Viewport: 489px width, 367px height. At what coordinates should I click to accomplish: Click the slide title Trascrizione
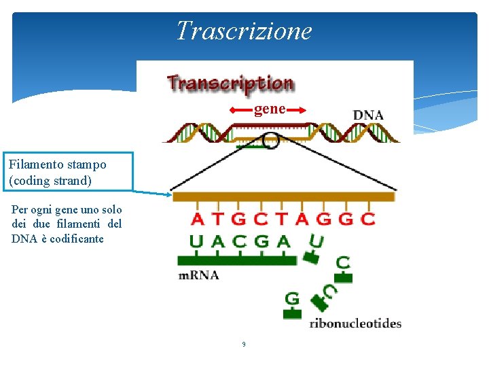(244, 31)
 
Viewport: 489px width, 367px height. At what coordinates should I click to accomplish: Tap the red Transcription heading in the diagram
(230, 84)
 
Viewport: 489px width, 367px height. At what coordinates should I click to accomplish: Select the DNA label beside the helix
(368, 115)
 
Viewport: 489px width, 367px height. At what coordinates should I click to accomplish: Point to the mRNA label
(198, 275)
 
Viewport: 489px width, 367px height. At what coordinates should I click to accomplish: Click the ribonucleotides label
(355, 324)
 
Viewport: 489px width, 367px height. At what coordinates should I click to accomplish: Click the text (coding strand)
(51, 181)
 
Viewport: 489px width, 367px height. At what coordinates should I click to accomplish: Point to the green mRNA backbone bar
(236, 260)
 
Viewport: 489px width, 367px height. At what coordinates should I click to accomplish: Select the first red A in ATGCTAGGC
(197, 219)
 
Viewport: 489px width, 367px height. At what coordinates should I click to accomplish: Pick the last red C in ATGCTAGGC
(367, 219)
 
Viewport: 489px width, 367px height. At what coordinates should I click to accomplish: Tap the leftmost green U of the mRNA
(196, 241)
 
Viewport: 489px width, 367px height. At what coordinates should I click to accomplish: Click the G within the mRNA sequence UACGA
(261, 241)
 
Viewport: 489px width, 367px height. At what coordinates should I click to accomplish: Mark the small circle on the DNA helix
(270, 141)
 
